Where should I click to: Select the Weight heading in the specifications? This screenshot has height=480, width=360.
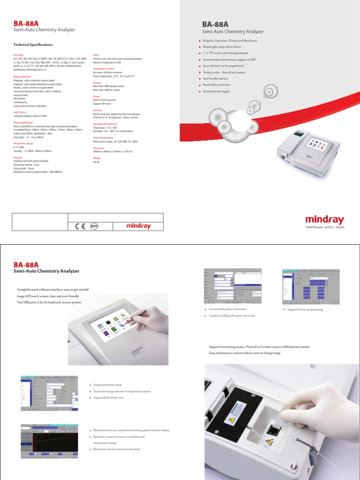coord(97,158)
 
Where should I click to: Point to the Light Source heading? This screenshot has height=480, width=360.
coord(20,112)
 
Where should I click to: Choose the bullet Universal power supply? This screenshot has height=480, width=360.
coord(216,91)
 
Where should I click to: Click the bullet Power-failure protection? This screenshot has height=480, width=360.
coord(217,85)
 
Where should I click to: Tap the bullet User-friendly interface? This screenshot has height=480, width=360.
coord(216,79)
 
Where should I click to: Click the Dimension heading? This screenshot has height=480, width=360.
coord(98,148)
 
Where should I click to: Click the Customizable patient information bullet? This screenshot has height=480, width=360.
coord(227,310)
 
